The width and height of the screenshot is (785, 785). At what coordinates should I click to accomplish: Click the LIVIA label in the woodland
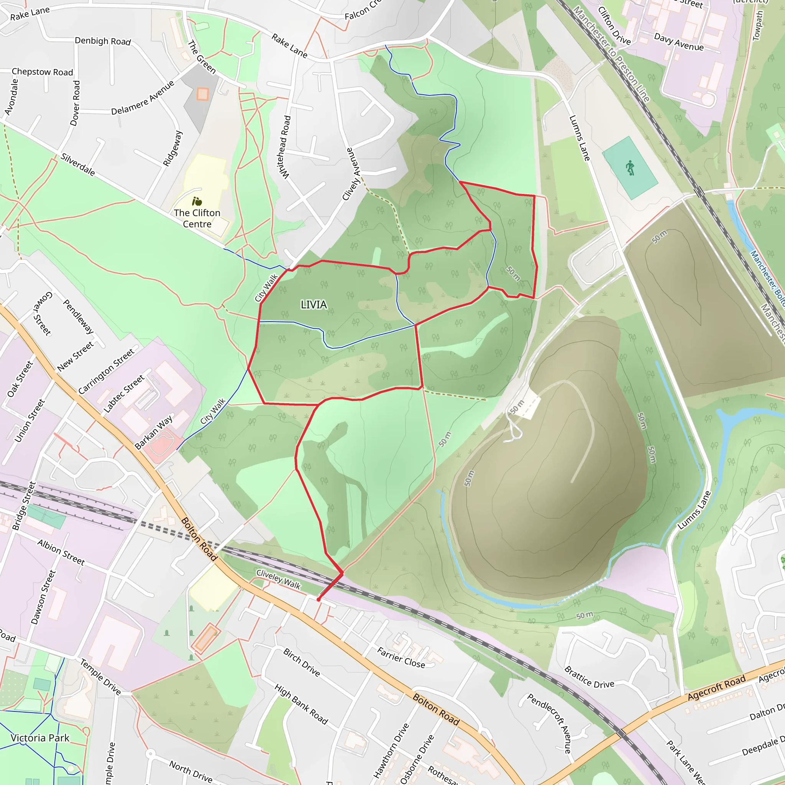click(x=313, y=304)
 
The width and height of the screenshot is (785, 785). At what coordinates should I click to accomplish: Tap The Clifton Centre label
click(x=197, y=218)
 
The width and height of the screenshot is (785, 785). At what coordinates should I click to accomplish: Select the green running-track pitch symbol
click(x=630, y=168)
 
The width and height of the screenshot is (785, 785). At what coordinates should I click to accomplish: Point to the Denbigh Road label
click(x=103, y=41)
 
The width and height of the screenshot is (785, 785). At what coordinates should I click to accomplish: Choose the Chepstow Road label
click(x=42, y=72)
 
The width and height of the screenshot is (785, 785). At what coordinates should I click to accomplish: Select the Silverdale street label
click(x=78, y=164)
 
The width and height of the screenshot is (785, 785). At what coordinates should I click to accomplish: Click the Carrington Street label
click(x=106, y=371)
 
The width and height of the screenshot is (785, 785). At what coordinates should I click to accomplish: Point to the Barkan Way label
click(x=154, y=432)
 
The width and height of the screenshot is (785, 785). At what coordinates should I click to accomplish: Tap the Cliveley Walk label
click(x=278, y=579)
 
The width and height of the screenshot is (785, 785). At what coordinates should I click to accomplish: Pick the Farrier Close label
click(x=401, y=657)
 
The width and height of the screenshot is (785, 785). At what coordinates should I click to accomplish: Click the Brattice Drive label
click(x=589, y=677)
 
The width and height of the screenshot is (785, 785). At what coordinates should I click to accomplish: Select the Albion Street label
click(x=61, y=552)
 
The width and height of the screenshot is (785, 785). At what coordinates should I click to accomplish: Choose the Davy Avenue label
click(x=678, y=42)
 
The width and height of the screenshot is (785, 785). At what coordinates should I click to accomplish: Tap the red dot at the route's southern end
click(x=319, y=599)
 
